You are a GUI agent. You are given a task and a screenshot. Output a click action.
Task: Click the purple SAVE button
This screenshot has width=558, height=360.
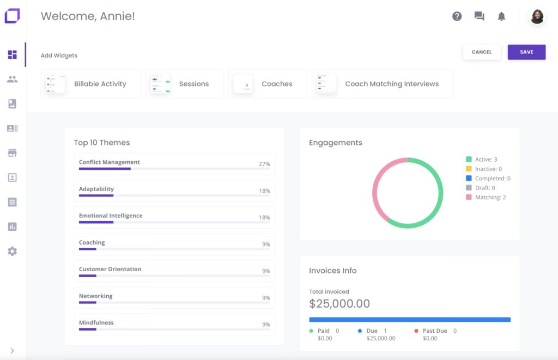[x=526, y=52]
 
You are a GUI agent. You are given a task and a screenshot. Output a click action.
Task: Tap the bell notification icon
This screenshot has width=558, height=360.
[x=501, y=16]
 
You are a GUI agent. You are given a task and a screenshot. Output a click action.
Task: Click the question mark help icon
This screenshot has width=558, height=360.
[x=457, y=16]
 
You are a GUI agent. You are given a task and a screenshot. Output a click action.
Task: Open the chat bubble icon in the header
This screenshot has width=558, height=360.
[x=479, y=16]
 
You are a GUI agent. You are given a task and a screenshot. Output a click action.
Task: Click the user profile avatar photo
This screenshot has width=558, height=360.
[x=537, y=16]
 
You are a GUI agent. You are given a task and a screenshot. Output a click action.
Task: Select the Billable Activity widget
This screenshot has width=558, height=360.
[x=90, y=84]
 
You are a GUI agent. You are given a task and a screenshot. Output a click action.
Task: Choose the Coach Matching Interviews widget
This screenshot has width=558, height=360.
[x=383, y=84]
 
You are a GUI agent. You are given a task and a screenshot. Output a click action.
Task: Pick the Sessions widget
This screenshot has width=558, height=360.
[x=185, y=84]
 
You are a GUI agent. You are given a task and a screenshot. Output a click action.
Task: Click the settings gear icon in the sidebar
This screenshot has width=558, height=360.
[x=12, y=251]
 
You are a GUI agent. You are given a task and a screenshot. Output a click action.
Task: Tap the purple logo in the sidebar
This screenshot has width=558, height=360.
[x=12, y=16]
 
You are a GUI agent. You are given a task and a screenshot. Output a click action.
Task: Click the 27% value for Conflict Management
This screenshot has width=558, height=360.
[x=264, y=164]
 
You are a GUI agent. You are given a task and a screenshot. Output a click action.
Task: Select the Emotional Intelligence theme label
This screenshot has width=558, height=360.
[x=111, y=216]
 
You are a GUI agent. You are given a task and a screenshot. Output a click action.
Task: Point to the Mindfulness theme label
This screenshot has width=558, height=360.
[x=96, y=322]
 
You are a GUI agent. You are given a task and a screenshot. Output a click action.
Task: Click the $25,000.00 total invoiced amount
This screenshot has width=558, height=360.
[x=339, y=304]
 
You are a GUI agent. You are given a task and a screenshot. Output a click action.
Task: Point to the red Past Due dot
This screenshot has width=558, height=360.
[x=416, y=331]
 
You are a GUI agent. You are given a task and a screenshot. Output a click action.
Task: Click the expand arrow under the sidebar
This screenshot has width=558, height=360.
[x=12, y=351]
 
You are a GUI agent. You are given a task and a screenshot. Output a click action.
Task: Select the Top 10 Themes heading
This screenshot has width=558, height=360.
[x=102, y=143]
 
